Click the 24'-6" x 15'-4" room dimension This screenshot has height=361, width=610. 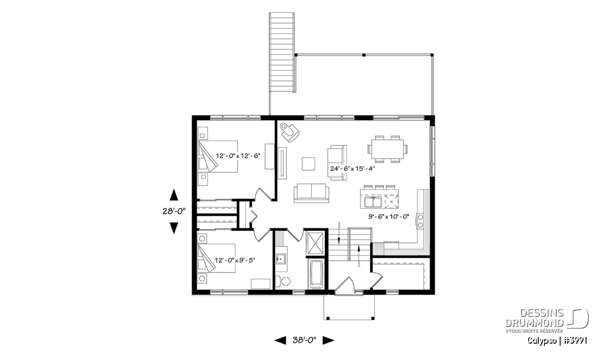(353, 169)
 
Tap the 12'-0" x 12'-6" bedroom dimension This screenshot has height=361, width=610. (238, 156)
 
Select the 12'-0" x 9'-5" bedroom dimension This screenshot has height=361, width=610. (235, 260)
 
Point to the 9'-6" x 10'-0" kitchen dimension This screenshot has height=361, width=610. (389, 217)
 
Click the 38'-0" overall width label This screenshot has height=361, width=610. (304, 340)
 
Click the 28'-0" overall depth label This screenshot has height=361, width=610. (174, 211)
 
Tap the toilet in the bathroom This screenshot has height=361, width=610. (283, 281)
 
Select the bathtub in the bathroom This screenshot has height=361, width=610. (316, 274)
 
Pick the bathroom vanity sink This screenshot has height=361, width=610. (280, 259)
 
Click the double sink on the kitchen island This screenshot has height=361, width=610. (373, 202)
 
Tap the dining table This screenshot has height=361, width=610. (387, 149)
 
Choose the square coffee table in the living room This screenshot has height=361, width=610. (309, 164)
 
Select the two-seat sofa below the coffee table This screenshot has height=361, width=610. (311, 193)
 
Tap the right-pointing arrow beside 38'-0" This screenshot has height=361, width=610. (328, 340)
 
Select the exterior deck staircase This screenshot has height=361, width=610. (282, 53)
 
